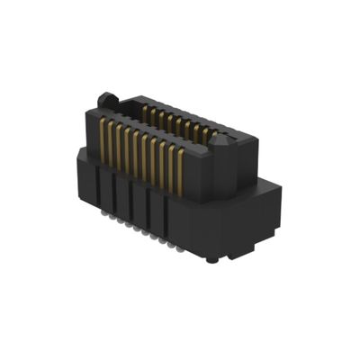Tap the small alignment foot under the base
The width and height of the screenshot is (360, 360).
coord(211,260)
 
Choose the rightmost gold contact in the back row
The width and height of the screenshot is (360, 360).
coord(212,136)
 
